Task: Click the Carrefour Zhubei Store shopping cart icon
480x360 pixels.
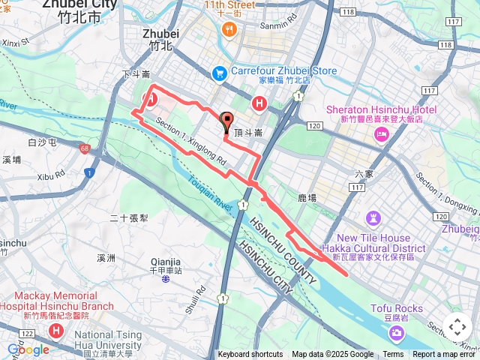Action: tap(219, 73)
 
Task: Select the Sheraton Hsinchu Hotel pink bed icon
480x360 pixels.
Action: tap(382, 133)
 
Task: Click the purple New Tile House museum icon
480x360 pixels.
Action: tap(373, 218)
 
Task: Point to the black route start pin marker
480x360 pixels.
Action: tap(226, 120)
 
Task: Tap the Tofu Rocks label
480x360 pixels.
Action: tap(397, 308)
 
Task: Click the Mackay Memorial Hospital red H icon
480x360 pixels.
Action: tap(55, 330)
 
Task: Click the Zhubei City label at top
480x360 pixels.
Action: tap(79, 4)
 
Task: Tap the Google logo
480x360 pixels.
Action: tap(28, 349)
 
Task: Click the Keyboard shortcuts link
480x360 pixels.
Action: tap(250, 355)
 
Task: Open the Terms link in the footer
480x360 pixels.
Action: tap(393, 355)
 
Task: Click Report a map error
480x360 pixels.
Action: tap(445, 355)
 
